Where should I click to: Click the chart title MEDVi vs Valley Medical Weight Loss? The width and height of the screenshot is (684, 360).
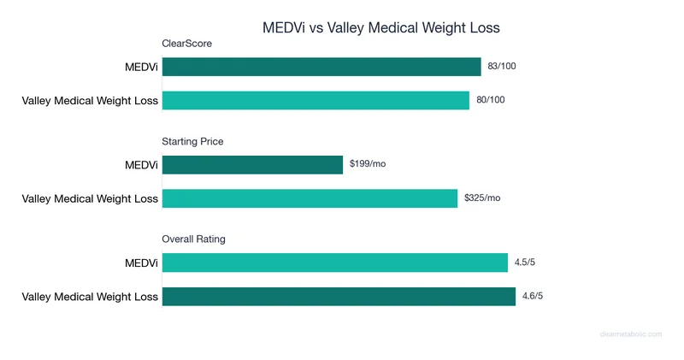point(380,28)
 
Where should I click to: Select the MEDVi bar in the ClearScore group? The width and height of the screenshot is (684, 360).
point(321,67)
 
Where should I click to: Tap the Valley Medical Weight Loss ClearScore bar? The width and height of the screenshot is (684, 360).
point(315,100)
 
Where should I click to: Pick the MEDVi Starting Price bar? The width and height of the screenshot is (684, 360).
point(252,164)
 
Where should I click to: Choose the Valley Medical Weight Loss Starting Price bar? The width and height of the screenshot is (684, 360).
point(310,198)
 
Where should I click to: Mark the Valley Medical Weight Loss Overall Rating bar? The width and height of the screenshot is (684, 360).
point(339,296)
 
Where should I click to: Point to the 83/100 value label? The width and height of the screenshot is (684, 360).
point(502,67)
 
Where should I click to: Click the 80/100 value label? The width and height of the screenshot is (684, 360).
point(491,100)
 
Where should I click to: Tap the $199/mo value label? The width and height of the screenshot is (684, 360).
point(368,164)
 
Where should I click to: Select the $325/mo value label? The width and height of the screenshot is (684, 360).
point(482,198)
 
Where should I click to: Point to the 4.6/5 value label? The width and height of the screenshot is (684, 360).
point(534,296)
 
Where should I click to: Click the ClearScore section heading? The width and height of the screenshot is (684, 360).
point(187,44)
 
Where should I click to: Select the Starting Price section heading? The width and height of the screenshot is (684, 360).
point(192,141)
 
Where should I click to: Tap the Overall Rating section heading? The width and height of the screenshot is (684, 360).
point(194,239)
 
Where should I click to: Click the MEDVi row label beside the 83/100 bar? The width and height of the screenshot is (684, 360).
point(141,67)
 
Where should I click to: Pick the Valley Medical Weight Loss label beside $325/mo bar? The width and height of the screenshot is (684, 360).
point(90,198)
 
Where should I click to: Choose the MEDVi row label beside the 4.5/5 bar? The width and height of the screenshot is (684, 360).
point(141,263)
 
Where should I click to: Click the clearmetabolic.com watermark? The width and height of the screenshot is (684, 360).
point(630,334)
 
